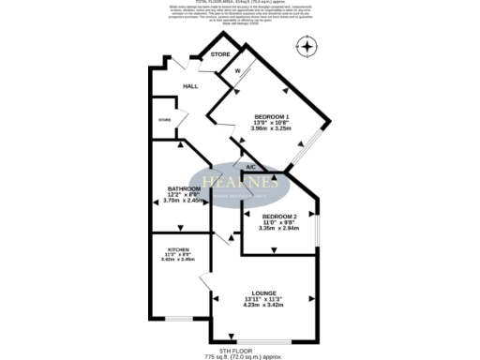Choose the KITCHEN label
click(178, 249)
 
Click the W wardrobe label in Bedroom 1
click(237, 70)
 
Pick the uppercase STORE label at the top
click(220, 55)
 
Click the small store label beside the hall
click(165, 120)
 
